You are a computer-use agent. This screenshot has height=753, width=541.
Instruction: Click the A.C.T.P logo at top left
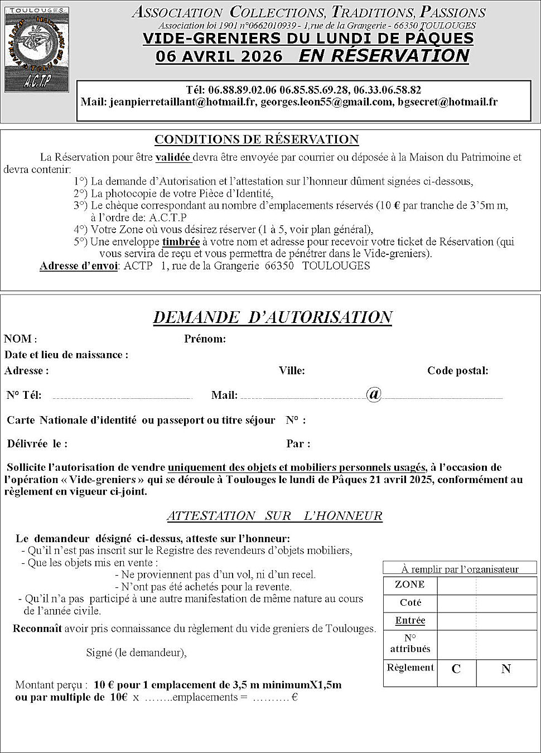pyautogui.click(x=36, y=50)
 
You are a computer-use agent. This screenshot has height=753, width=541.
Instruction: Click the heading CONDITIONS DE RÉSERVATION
pyautogui.click(x=257, y=139)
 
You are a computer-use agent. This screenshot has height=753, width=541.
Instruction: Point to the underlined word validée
pyautogui.click(x=173, y=157)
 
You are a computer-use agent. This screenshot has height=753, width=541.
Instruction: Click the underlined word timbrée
pyautogui.click(x=181, y=242)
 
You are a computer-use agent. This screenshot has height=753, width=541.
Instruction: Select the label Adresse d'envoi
pyautogui.click(x=78, y=266)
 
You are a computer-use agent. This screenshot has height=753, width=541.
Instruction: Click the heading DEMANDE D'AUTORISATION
pyautogui.click(x=272, y=317)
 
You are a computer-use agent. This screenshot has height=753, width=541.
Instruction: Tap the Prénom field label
pyautogui.click(x=205, y=339)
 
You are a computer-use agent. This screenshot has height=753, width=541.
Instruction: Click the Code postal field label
pyautogui.click(x=457, y=371)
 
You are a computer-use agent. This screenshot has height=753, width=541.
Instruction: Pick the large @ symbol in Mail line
pyautogui.click(x=374, y=394)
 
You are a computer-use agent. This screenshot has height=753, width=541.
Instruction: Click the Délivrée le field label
pyautogui.click(x=37, y=445)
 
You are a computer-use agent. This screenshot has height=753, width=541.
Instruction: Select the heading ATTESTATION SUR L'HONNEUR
pyautogui.click(x=274, y=516)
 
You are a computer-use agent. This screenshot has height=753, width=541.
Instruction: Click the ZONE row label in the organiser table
pyautogui.click(x=409, y=585)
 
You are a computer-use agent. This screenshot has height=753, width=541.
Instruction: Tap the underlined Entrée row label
pyautogui.click(x=410, y=621)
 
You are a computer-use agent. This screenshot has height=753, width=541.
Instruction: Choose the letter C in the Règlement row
pyautogui.click(x=456, y=669)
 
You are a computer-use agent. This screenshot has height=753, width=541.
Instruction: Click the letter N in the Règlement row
pyautogui.click(x=506, y=669)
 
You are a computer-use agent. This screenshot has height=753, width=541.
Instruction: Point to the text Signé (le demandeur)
pyautogui.click(x=136, y=653)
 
